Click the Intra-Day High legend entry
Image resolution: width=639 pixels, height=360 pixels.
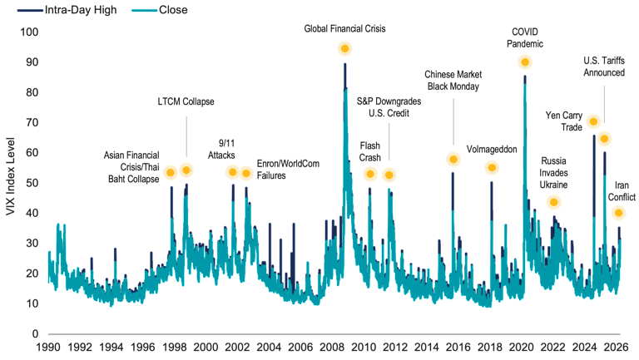pos(67,11)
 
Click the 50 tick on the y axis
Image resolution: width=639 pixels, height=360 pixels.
pos(32,183)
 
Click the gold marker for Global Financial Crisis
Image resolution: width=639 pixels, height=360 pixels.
pos(344,49)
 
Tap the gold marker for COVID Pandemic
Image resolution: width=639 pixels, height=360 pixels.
pos(525,62)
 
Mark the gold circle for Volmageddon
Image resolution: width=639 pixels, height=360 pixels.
pos(492,168)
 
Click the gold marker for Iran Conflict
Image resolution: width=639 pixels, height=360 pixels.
pos(618,214)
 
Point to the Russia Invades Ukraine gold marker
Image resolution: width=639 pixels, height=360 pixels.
pos(553,202)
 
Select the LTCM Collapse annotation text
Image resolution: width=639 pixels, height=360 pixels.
pos(186,101)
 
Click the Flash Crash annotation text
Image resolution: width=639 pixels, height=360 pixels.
pos(370,150)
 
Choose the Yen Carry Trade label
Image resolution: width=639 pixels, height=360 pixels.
pos(565,121)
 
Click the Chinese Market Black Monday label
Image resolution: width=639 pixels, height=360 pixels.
pos(453,80)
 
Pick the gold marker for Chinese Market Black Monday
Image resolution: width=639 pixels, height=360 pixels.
pos(453,160)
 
